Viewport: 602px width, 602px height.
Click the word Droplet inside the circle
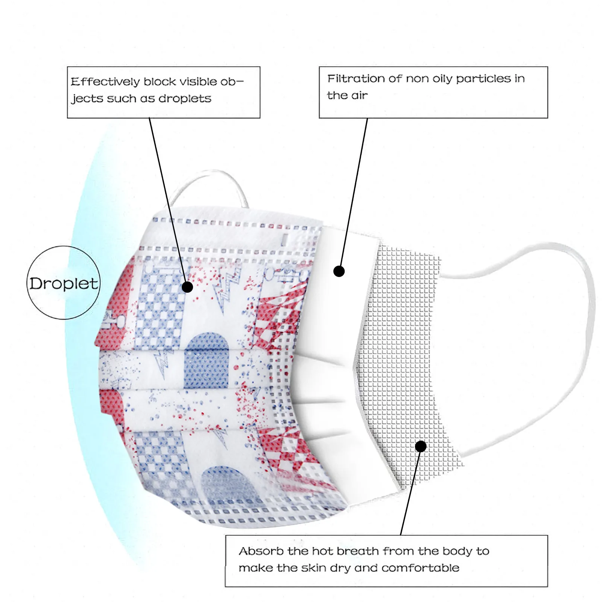tap(63, 283)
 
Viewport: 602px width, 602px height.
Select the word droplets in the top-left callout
tap(185, 99)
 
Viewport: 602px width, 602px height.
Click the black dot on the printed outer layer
tap(187, 287)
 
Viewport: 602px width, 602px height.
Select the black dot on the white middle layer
tap(339, 271)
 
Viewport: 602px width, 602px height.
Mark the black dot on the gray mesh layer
tap(421, 447)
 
